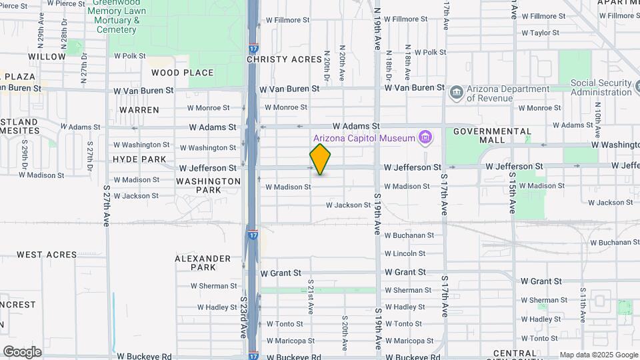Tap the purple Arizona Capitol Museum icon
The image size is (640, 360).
pos(425,138)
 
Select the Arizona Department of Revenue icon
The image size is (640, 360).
pos(457,92)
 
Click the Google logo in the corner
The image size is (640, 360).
pos(22,351)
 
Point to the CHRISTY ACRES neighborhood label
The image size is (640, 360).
pos(284,59)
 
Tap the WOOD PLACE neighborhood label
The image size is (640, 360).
pos(182,73)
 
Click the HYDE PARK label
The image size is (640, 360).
pos(139,159)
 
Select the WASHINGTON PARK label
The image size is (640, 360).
pos(209,185)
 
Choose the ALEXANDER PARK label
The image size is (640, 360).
pos(203,263)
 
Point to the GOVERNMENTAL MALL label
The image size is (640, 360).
pos(492,136)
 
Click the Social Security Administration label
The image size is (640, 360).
pos(601,87)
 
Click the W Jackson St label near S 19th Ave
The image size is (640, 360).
pos(348,205)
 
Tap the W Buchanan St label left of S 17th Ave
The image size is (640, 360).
pos(409,235)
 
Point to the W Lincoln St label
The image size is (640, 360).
pos(405,254)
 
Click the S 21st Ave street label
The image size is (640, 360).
pos(311,297)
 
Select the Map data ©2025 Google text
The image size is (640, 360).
pos(597,355)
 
